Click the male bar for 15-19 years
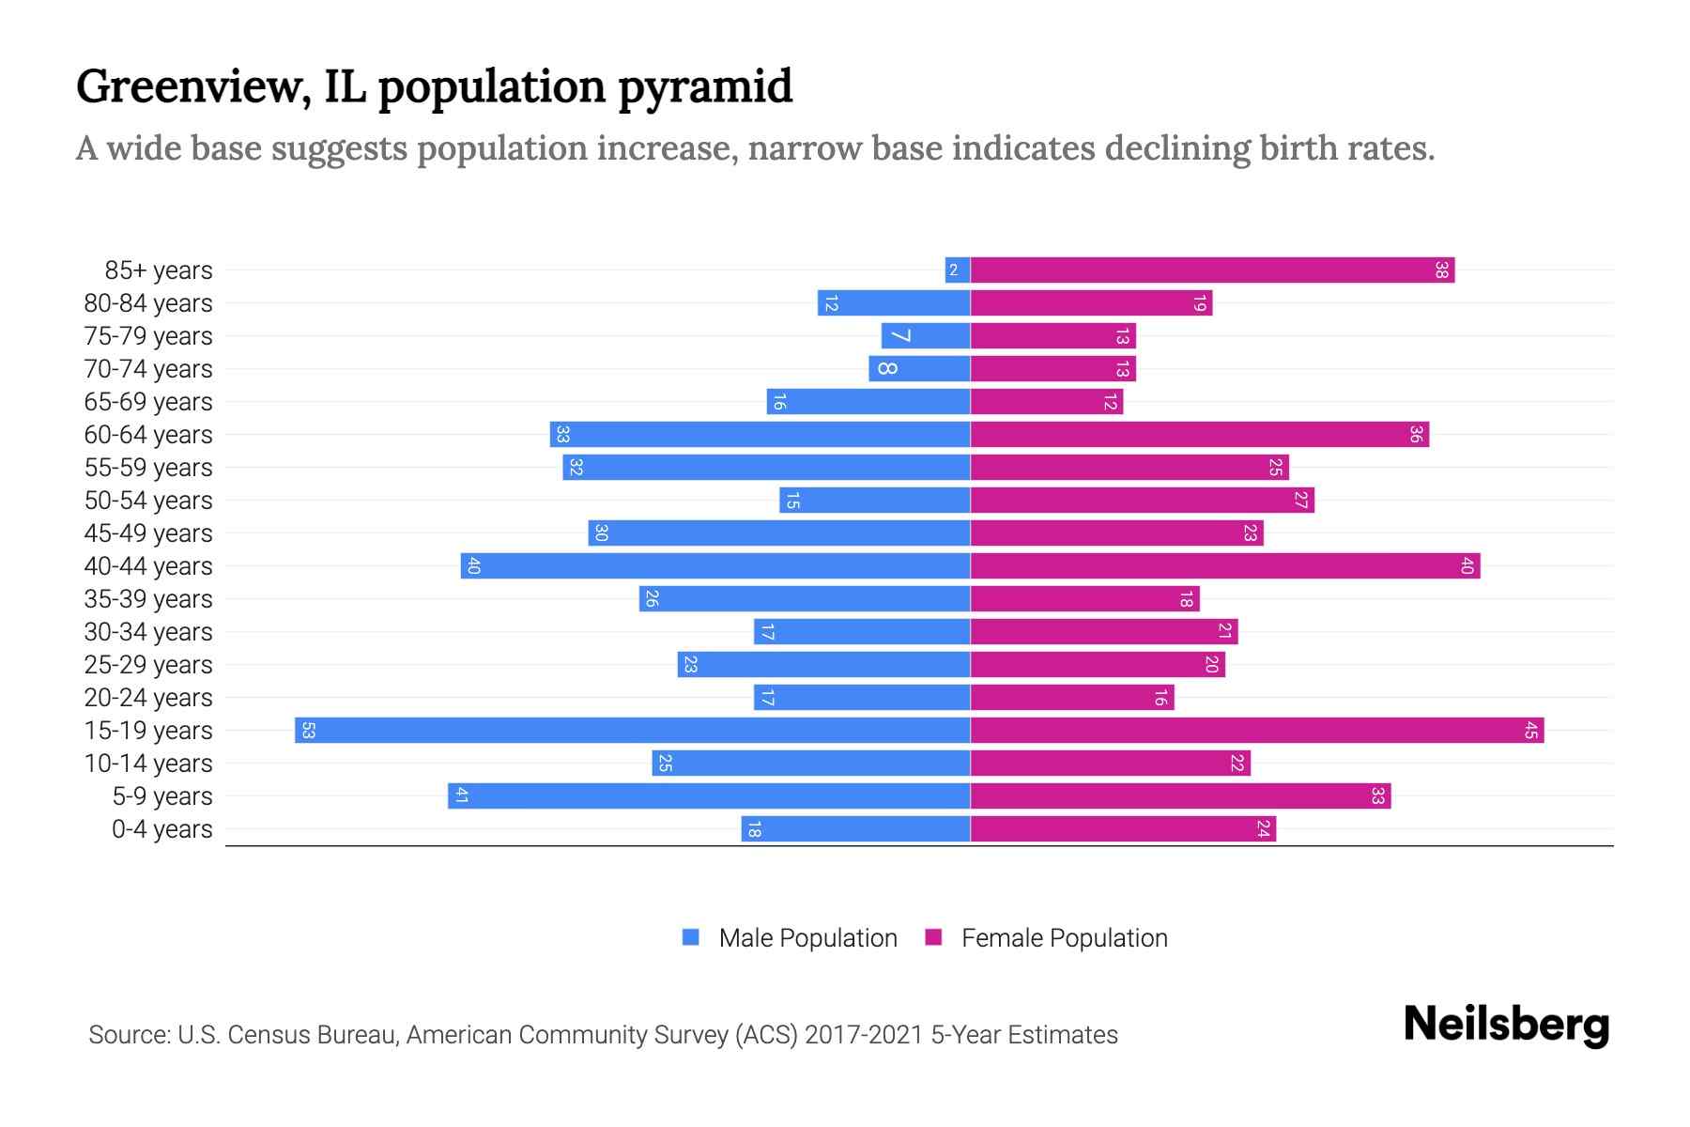[632, 731]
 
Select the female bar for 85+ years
[1211, 270]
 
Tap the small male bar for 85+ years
[958, 270]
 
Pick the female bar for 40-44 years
[1224, 566]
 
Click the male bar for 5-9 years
[709, 796]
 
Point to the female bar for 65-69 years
[1046, 402]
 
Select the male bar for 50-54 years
[874, 501]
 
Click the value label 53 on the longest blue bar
[308, 731]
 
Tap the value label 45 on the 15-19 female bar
[1530, 731]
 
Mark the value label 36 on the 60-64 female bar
[1416, 435]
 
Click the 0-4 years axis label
[161, 829]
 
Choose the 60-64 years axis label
[148, 435]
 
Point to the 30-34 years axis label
[148, 632]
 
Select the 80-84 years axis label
[148, 303]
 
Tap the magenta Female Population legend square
[933, 937]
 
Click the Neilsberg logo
[1506, 1025]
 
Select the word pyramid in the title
[705, 86]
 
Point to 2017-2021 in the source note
[864, 1035]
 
